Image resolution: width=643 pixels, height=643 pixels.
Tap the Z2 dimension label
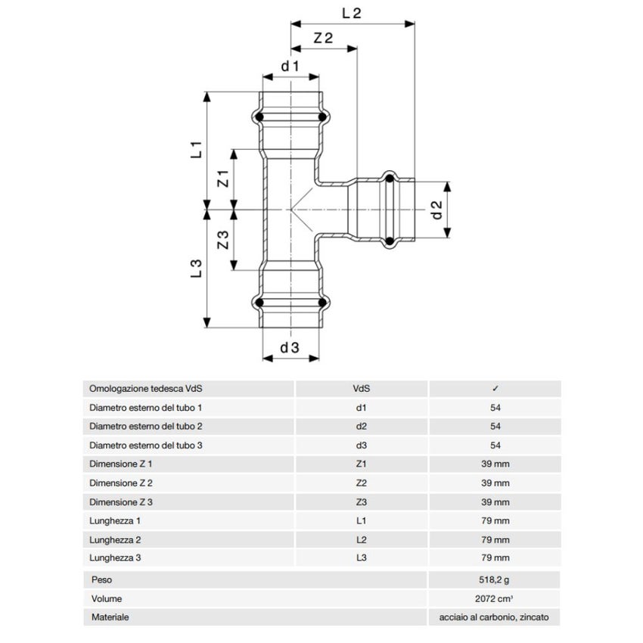pos(323,39)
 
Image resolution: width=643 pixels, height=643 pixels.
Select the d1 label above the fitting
pos(290,67)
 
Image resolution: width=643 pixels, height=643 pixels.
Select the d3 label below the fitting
pos(290,348)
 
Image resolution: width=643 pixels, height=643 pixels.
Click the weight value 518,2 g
pos(495,580)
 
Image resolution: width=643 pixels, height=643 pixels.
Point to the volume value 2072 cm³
pos(495,599)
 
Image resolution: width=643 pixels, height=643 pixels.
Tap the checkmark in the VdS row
pos(495,388)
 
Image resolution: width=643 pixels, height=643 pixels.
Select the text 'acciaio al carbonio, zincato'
pos(495,618)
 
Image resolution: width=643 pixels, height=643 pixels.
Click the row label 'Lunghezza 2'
pos(116,540)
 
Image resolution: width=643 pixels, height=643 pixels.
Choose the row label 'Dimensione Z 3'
pos(120,502)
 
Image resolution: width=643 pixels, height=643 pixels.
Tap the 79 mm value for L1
pos(495,521)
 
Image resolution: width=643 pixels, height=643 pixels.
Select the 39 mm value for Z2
pos(495,483)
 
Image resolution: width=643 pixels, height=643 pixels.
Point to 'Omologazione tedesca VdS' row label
pos(146,388)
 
